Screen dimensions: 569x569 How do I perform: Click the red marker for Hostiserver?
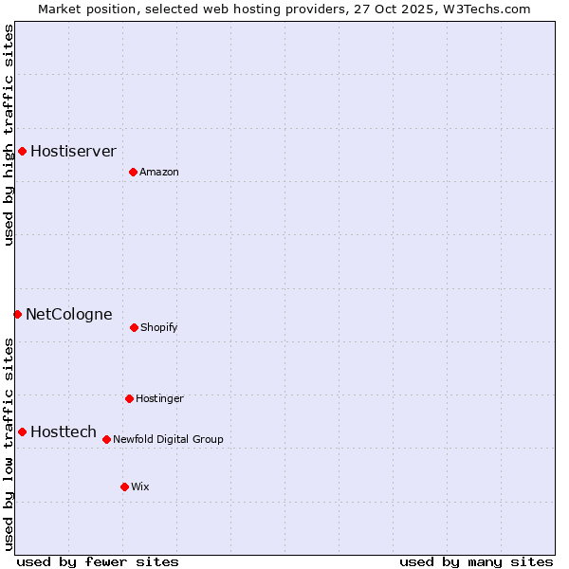coord(22,151)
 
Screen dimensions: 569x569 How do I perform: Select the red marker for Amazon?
coord(133,172)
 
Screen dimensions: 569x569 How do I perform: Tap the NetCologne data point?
coord(17,314)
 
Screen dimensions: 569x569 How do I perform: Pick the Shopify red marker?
coord(134,327)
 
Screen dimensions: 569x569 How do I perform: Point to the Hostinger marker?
coord(129,398)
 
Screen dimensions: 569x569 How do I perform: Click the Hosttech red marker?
coord(22,431)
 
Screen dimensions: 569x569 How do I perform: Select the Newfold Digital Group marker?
coord(106,439)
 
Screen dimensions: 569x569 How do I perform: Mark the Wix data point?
coord(124,486)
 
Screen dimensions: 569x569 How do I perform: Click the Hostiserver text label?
coord(73,151)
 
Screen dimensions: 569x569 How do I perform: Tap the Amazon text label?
coord(159,172)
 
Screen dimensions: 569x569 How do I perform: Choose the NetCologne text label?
coord(68,314)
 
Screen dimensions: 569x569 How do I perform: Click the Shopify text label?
coord(159,327)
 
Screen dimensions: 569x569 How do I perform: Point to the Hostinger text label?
coord(159,398)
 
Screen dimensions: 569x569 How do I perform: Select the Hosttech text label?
coord(64,431)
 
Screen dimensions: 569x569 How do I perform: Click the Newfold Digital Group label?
coord(168,439)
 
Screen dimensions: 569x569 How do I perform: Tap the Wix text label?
coord(140,486)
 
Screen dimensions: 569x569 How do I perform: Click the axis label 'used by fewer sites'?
coord(98,561)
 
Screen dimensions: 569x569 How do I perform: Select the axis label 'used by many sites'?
coord(476,561)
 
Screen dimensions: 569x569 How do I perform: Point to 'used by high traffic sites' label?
coord(9,135)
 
